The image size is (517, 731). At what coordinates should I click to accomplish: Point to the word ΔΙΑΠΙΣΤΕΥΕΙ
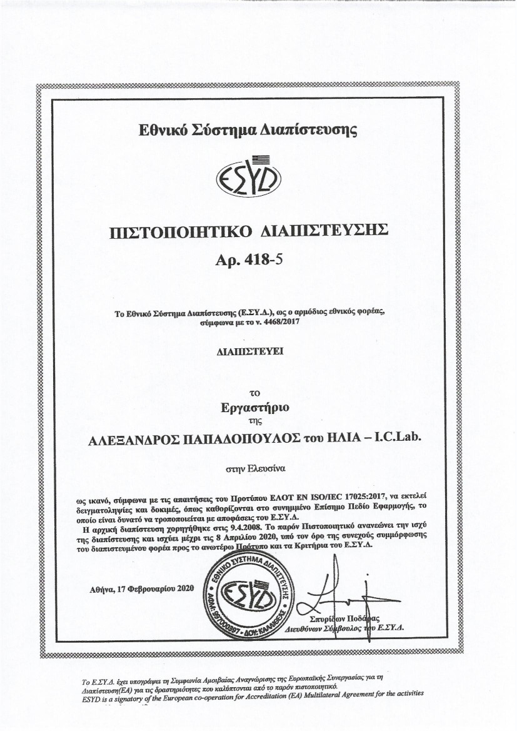[248, 353]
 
